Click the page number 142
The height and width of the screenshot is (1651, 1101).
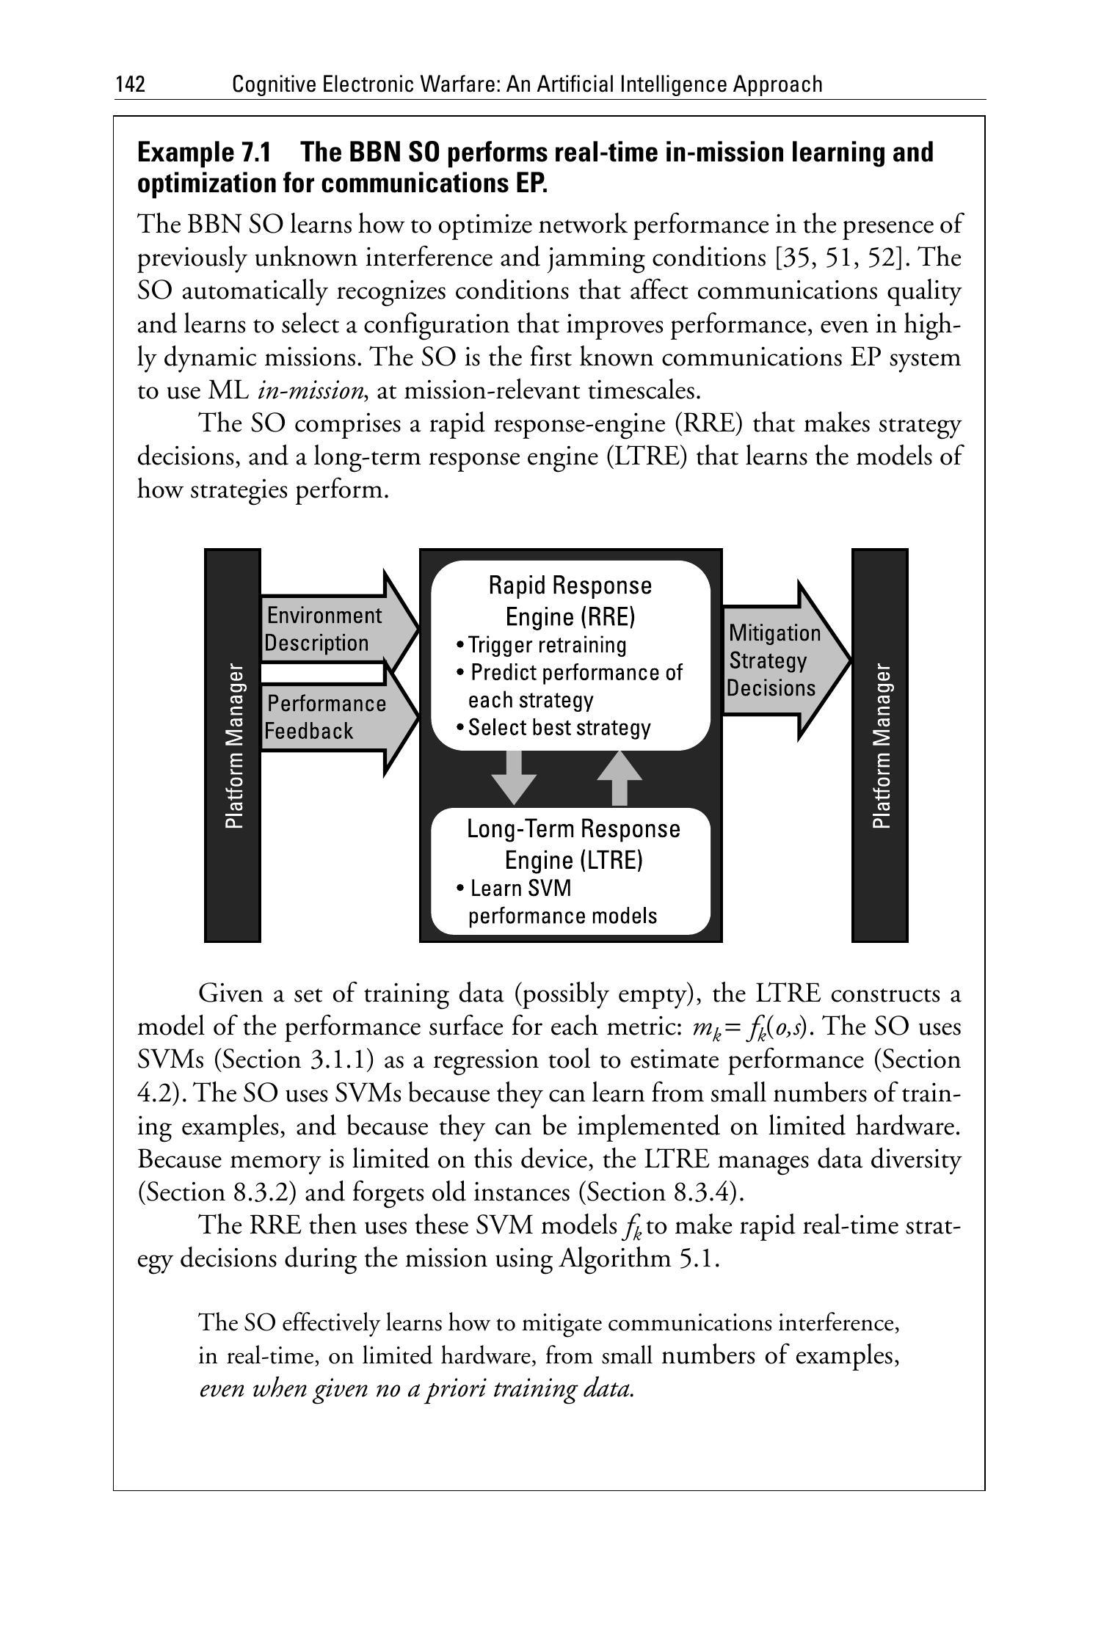pyautogui.click(x=130, y=85)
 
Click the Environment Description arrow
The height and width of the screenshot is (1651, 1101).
pyautogui.click(x=330, y=629)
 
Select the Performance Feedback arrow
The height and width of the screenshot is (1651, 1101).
pyautogui.click(x=330, y=718)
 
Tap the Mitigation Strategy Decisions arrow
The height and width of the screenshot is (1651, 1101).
pyautogui.click(x=778, y=660)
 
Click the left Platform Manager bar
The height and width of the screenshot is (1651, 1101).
pyautogui.click(x=233, y=745)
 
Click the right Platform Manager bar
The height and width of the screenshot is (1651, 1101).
pyautogui.click(x=880, y=745)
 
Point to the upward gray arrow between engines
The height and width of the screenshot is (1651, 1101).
pyautogui.click(x=619, y=777)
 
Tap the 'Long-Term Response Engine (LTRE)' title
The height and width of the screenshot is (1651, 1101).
pyautogui.click(x=573, y=844)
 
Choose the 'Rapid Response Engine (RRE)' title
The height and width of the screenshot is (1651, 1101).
pyautogui.click(x=570, y=601)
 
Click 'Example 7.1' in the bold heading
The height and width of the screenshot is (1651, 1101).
pyautogui.click(x=204, y=153)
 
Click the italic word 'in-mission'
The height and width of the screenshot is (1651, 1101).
pyautogui.click(x=310, y=390)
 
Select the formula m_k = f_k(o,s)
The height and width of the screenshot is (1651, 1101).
pyautogui.click(x=749, y=1027)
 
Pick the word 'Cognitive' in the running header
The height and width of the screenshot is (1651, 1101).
pyautogui.click(x=273, y=85)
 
